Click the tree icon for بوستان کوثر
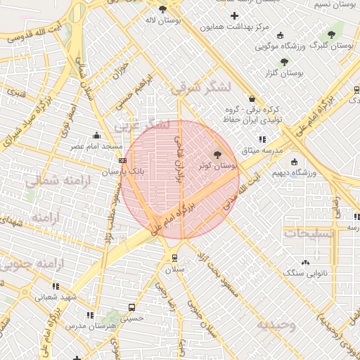point(217,155)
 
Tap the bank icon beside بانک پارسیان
point(123,162)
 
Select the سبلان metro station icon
point(174,258)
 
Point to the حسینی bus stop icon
point(131,307)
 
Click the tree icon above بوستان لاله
point(163,9)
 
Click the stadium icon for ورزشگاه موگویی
point(281,36)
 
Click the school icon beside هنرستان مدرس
point(89,316)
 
